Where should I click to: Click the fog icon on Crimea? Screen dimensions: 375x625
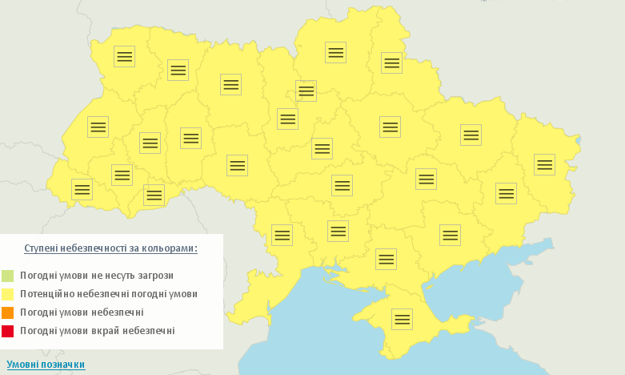click(x=402, y=319)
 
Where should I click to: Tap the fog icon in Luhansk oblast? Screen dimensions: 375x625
click(x=544, y=164)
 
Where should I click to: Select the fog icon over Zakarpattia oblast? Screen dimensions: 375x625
click(x=82, y=189)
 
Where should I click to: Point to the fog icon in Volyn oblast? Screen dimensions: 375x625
click(x=124, y=56)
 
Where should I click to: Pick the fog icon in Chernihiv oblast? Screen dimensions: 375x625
click(x=335, y=52)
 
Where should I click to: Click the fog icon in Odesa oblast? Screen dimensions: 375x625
click(x=282, y=235)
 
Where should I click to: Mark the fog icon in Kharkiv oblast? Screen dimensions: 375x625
click(x=471, y=135)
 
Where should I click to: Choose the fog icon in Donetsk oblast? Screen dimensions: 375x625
click(x=506, y=193)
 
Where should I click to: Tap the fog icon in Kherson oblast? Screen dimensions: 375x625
click(x=386, y=259)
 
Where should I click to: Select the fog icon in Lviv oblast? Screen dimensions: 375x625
click(x=98, y=127)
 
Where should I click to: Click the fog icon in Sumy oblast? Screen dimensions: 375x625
click(x=391, y=62)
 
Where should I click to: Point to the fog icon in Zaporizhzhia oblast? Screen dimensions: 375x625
click(x=450, y=235)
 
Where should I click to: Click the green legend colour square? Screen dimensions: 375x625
click(x=8, y=276)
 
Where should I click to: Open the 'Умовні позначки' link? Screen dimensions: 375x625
click(x=46, y=365)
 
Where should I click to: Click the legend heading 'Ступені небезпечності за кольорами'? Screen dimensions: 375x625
click(x=110, y=248)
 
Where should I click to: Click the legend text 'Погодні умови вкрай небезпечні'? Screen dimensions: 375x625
click(x=97, y=331)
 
